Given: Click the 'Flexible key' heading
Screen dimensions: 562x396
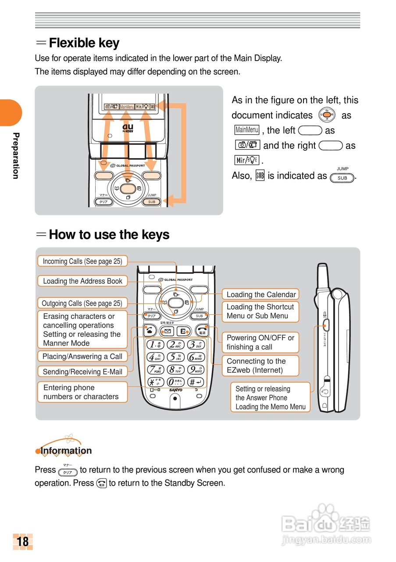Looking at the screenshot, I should [x=84, y=43].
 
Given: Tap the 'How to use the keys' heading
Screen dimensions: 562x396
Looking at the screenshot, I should [x=109, y=234].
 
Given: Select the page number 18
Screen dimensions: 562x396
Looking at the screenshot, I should [x=23, y=541].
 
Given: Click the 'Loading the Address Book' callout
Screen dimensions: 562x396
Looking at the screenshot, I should [x=82, y=281].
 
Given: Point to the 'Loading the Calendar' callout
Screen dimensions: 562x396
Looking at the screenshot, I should [x=261, y=294].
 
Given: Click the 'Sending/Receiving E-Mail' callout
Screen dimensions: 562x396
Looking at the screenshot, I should [x=82, y=371].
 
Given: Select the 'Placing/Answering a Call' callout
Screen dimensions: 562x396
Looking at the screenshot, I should [x=82, y=357].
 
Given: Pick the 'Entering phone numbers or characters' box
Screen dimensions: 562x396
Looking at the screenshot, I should [x=82, y=392].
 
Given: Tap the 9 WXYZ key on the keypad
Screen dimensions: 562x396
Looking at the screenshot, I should [x=196, y=370].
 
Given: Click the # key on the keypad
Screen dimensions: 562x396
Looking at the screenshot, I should [x=196, y=382].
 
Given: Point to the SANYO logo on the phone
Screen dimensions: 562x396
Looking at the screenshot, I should [x=175, y=390].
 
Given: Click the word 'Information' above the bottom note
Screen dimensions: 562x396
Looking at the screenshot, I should [x=66, y=450].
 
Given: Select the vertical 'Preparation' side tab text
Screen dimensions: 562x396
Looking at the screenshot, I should [x=15, y=155].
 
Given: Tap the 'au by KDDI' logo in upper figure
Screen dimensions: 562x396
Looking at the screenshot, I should [x=128, y=128].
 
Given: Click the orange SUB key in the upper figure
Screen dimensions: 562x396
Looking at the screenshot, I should [x=151, y=202].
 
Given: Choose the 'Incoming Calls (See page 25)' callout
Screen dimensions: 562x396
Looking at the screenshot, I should [x=82, y=261].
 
